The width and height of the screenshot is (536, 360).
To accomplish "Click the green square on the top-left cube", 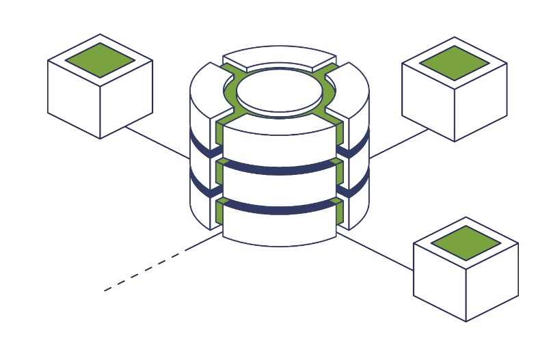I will point(100,59).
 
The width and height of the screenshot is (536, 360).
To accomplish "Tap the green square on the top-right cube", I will point(454,63).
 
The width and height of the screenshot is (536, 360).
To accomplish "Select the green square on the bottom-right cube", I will point(466,243).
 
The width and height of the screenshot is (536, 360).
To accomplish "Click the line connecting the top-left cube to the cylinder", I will point(157,143).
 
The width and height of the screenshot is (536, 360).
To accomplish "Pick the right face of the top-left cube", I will point(126,99).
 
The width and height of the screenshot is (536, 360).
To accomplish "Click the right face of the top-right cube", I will point(481,102).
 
